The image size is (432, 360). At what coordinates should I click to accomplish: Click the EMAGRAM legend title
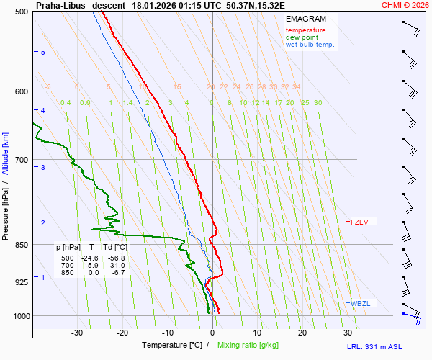click(x=305, y=19)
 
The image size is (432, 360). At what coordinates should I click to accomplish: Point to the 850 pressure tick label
click(x=22, y=245)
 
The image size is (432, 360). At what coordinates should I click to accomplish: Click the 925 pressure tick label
click(x=22, y=282)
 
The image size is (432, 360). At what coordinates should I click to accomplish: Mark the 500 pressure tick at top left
click(x=22, y=12)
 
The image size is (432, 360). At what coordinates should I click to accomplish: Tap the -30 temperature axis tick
click(x=77, y=333)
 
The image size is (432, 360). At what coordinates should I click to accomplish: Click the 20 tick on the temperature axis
click(x=302, y=333)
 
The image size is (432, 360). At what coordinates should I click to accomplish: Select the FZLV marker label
click(x=359, y=222)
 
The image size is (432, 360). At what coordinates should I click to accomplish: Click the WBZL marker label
click(x=360, y=304)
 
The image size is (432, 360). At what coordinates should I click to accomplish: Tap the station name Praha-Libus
click(x=60, y=4)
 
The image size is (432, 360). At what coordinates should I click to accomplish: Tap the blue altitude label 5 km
click(x=43, y=53)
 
